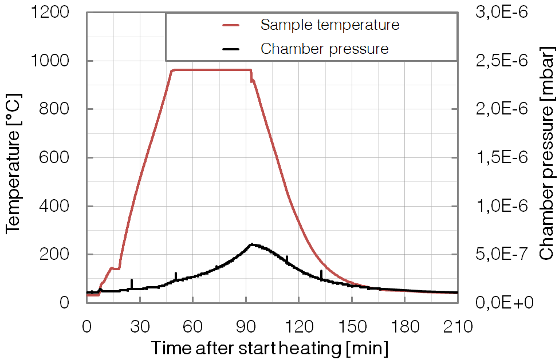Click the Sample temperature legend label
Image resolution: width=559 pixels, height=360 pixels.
pos(329,25)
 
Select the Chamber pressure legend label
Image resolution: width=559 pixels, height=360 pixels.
pos(324,49)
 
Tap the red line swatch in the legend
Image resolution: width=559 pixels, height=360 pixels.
pos(233,25)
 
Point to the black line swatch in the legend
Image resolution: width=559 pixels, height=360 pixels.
pos(233,49)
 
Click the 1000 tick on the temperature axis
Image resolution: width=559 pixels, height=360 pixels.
pos(55,61)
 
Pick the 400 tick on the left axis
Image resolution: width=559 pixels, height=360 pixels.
pos(60,206)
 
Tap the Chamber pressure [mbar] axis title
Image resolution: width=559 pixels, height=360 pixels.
pos(546,158)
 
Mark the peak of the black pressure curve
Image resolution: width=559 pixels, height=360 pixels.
pos(251,244)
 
